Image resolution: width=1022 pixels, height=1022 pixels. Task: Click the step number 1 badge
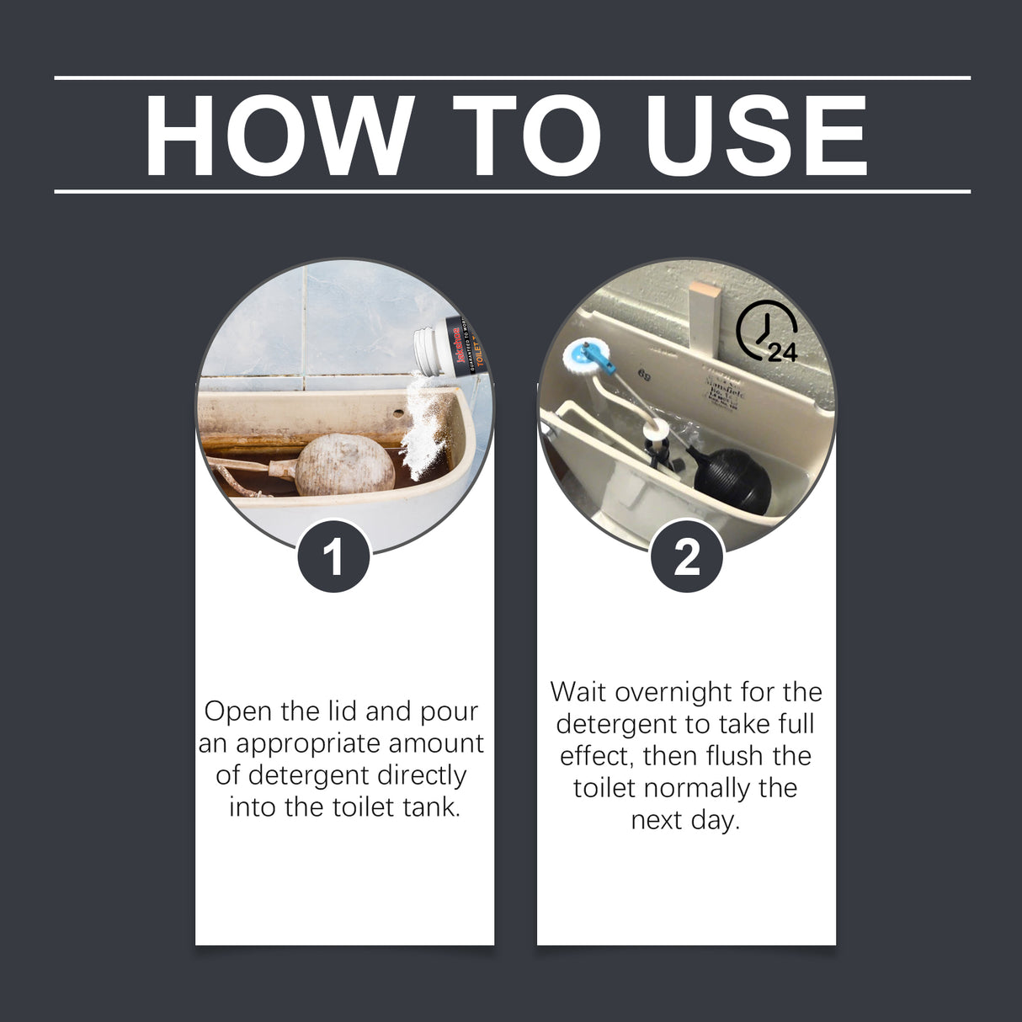tap(334, 556)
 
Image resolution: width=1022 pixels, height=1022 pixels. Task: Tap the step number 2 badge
tap(687, 556)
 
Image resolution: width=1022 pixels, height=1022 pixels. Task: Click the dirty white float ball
tap(345, 464)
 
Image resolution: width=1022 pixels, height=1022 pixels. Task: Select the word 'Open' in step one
tap(238, 712)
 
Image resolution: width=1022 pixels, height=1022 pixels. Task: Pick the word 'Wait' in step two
tap(579, 692)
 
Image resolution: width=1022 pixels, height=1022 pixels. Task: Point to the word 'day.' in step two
tap(714, 820)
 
